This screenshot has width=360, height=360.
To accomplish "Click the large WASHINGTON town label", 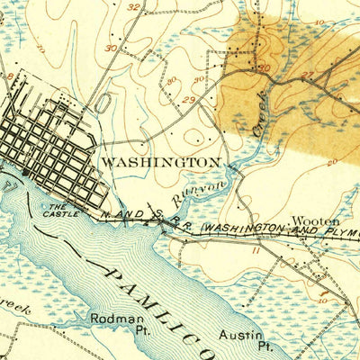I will pos(161,162).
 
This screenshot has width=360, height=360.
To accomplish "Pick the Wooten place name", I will pos(314,220).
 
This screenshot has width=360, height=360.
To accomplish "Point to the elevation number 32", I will pos(134,7).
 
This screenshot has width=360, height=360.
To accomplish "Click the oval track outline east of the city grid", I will pos(103,101).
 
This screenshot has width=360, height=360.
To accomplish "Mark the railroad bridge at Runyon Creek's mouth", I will pos(162,229).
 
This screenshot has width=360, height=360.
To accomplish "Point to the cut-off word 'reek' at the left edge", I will pos(16,309).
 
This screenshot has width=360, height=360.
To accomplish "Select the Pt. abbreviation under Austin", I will pos(265,346).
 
